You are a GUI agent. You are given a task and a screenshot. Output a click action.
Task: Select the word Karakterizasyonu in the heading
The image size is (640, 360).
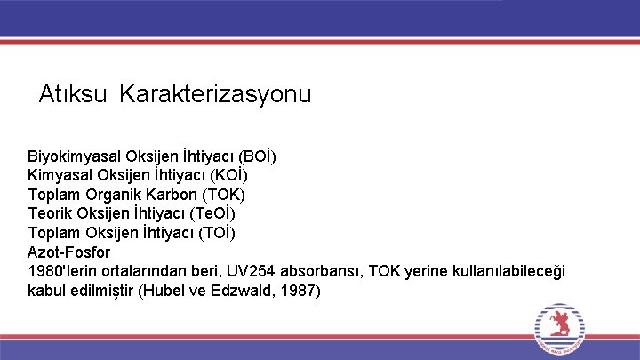click(x=215, y=94)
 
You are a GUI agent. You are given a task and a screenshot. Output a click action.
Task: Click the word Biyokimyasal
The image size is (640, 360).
click(x=75, y=156)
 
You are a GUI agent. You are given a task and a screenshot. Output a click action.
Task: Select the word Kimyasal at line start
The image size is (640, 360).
click(x=59, y=175)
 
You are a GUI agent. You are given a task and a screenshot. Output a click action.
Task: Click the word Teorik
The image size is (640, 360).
click(x=49, y=213)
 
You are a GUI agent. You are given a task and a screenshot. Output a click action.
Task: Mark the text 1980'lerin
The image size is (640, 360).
click(x=62, y=271)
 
